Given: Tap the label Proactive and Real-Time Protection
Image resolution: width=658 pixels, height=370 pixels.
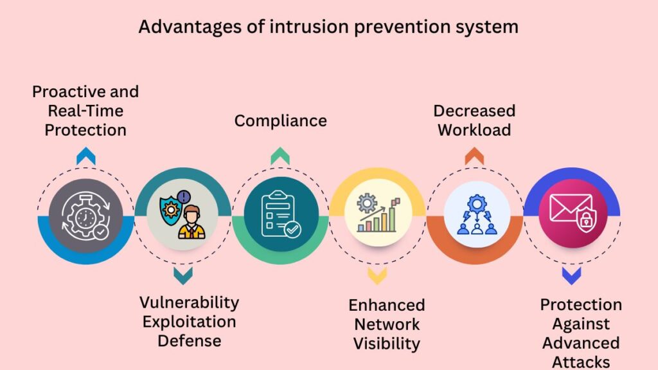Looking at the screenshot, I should click(85, 111).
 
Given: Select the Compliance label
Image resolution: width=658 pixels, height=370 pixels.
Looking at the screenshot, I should click(280, 120).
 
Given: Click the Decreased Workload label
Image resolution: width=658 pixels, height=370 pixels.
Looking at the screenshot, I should click(474, 120).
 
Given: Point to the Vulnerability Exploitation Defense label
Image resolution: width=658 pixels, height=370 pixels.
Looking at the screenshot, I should click(189, 321).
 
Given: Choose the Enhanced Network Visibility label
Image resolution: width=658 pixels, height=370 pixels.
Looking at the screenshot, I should click(386, 324).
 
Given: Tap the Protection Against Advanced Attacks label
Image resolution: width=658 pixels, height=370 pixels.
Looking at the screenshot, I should click(580, 333).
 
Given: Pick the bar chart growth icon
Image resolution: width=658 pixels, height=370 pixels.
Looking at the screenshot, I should click(378, 215).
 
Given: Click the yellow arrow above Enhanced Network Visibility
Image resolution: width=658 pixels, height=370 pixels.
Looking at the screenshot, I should click(377, 276).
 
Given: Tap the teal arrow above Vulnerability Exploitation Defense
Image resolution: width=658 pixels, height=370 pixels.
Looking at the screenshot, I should click(183, 276).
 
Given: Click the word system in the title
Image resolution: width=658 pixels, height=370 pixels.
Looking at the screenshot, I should click(485, 27).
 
